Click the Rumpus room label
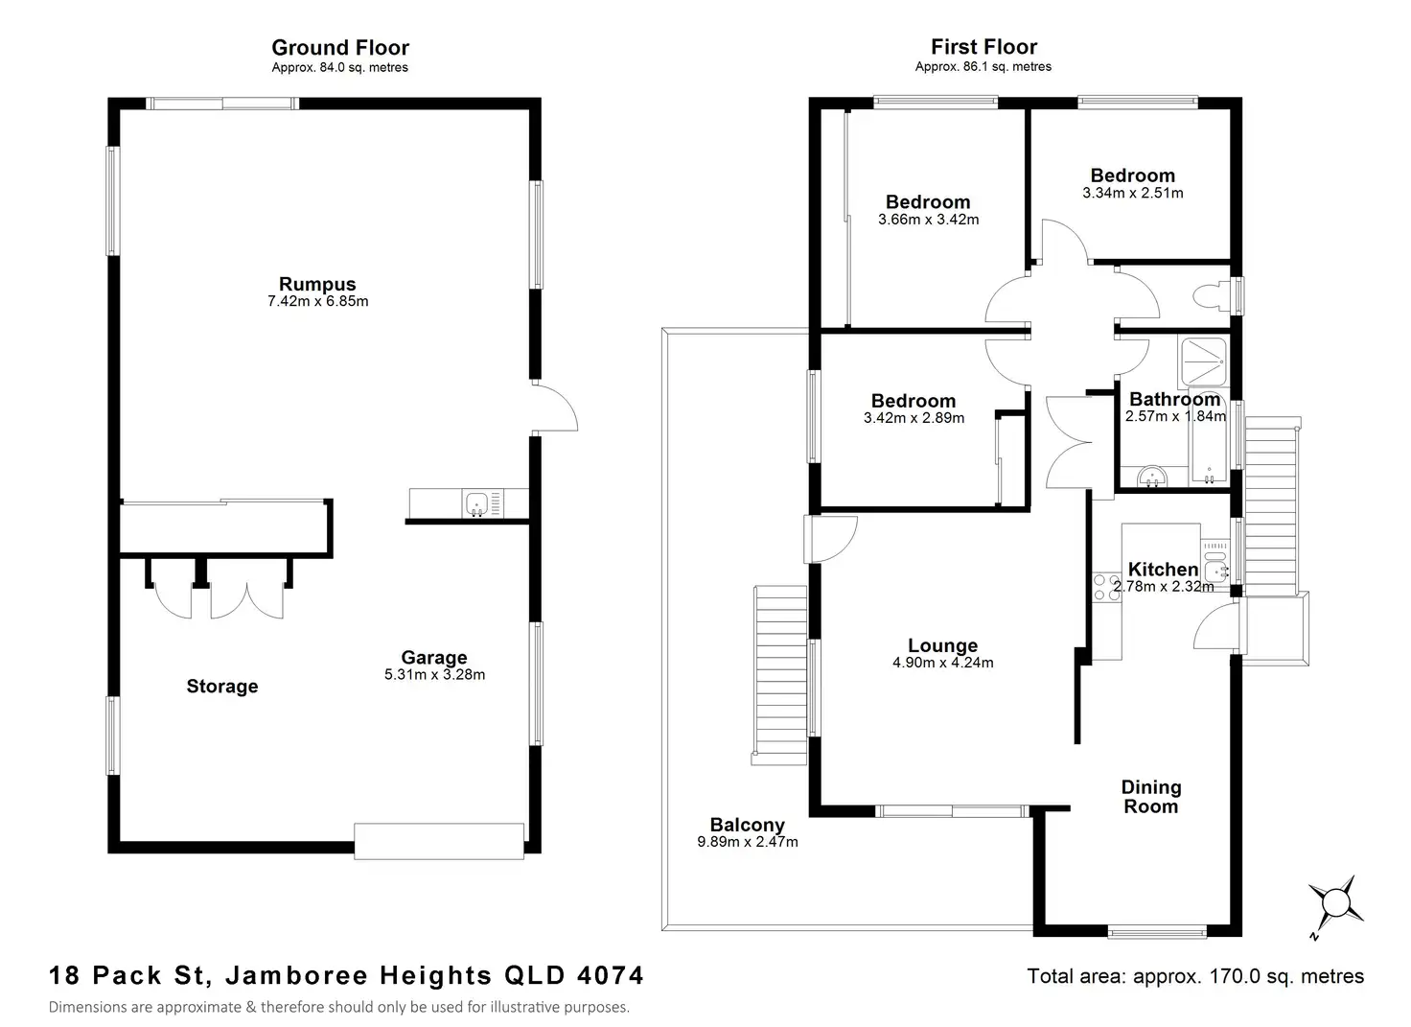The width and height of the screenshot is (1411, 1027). [x=316, y=284]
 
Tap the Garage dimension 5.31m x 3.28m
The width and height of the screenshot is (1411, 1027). [x=434, y=675]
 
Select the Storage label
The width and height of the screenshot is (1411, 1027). [x=222, y=687]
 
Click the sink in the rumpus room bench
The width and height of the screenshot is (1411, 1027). [x=476, y=502]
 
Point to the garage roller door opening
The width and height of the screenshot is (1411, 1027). [x=439, y=841]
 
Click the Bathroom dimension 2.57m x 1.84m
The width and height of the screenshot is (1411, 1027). [x=1175, y=417]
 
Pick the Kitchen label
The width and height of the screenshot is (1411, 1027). [x=1163, y=570]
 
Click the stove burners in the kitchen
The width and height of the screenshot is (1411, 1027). [x=1106, y=587]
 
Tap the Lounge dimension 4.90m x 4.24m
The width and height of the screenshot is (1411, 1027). [x=943, y=663]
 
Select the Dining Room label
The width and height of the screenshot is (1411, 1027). [x=1151, y=797]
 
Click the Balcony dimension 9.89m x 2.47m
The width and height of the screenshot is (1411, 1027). [x=748, y=843]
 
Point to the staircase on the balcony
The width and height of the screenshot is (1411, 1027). [x=780, y=676]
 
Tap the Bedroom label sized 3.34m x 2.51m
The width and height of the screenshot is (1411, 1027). [x=1132, y=175]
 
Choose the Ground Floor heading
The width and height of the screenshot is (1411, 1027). [x=340, y=48]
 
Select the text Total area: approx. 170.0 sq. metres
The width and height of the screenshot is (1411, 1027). [x=1195, y=976]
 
